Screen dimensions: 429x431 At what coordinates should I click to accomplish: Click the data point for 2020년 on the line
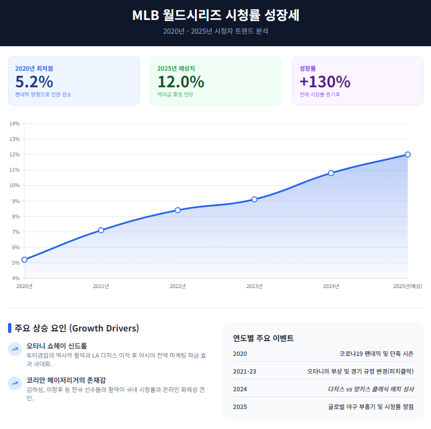click(24, 260)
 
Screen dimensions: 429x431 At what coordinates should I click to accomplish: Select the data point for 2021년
click(101, 230)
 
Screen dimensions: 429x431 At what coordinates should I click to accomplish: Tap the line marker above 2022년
click(178, 210)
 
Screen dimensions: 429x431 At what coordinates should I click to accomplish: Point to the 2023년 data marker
click(254, 199)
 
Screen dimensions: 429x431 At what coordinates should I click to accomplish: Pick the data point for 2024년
click(331, 173)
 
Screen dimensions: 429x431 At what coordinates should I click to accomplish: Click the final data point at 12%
click(408, 155)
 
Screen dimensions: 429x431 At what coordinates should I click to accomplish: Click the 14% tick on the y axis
click(14, 123)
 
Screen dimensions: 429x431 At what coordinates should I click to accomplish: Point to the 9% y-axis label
click(14, 201)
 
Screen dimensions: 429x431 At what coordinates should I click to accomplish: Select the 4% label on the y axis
click(14, 278)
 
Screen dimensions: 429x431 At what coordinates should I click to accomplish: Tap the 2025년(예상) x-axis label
click(407, 286)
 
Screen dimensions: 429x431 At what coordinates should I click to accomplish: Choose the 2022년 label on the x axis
click(178, 286)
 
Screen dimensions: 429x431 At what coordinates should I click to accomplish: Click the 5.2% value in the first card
click(34, 82)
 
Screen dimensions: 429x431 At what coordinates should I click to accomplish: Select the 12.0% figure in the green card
click(180, 82)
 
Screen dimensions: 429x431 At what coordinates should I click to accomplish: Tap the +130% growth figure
click(324, 82)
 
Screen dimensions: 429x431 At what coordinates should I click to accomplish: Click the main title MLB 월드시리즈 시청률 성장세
click(215, 15)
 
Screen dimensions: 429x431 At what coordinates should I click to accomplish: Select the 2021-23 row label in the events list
click(245, 371)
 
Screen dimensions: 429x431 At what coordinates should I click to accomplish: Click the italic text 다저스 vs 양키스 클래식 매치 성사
click(371, 389)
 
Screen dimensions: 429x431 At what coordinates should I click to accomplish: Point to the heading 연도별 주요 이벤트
click(263, 338)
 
